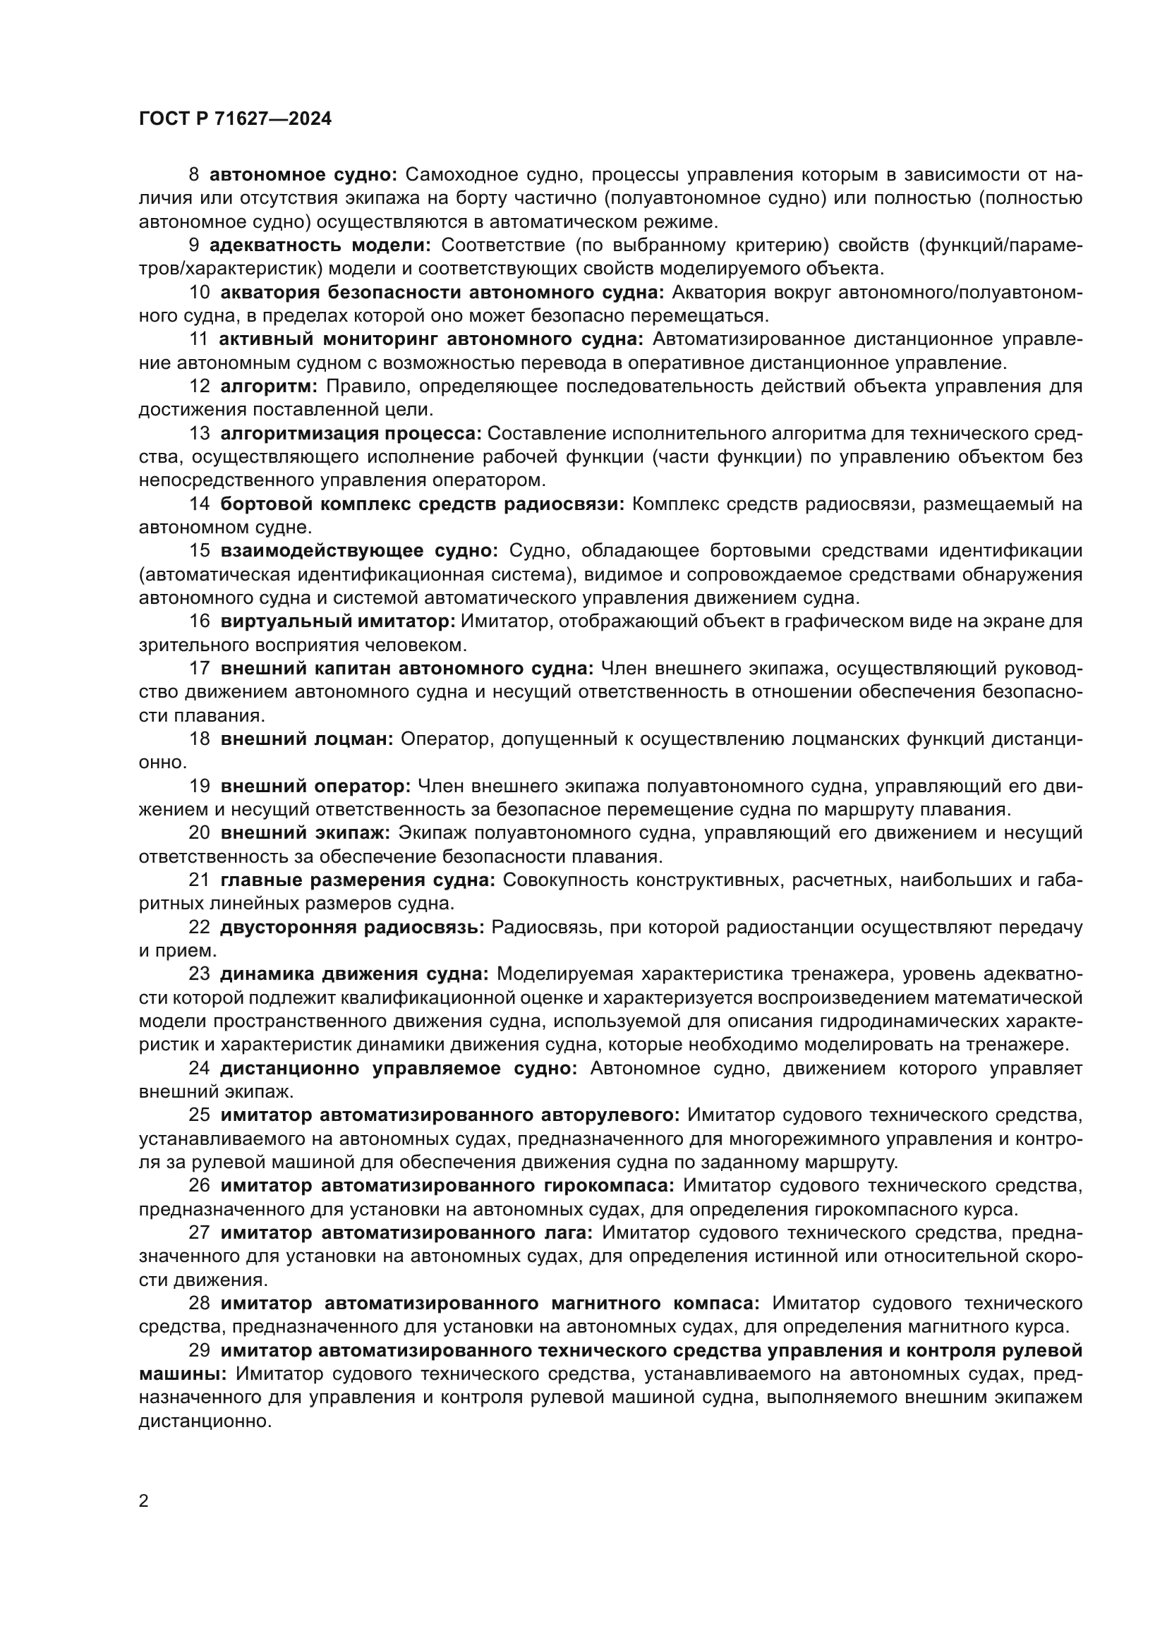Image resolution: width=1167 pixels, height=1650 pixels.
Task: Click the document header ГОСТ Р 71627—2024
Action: pyautogui.click(x=235, y=119)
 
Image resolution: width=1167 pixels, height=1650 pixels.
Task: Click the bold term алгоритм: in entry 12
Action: pyautogui.click(x=269, y=387)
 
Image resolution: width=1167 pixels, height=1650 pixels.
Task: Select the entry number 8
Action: pyautogui.click(x=194, y=175)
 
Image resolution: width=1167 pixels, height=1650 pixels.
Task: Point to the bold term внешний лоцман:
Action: pyautogui.click(x=307, y=739)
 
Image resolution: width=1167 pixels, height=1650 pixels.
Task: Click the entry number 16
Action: pyautogui.click(x=200, y=621)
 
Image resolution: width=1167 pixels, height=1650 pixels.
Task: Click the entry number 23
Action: pyautogui.click(x=199, y=973)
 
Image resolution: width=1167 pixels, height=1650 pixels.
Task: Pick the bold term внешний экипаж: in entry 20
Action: pyautogui.click(x=306, y=833)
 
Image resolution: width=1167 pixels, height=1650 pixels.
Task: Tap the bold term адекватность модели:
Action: pyautogui.click(x=320, y=245)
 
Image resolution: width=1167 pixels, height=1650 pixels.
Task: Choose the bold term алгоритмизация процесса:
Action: pyautogui.click(x=350, y=433)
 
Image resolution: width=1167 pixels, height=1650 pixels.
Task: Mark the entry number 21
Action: pyautogui.click(x=199, y=880)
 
